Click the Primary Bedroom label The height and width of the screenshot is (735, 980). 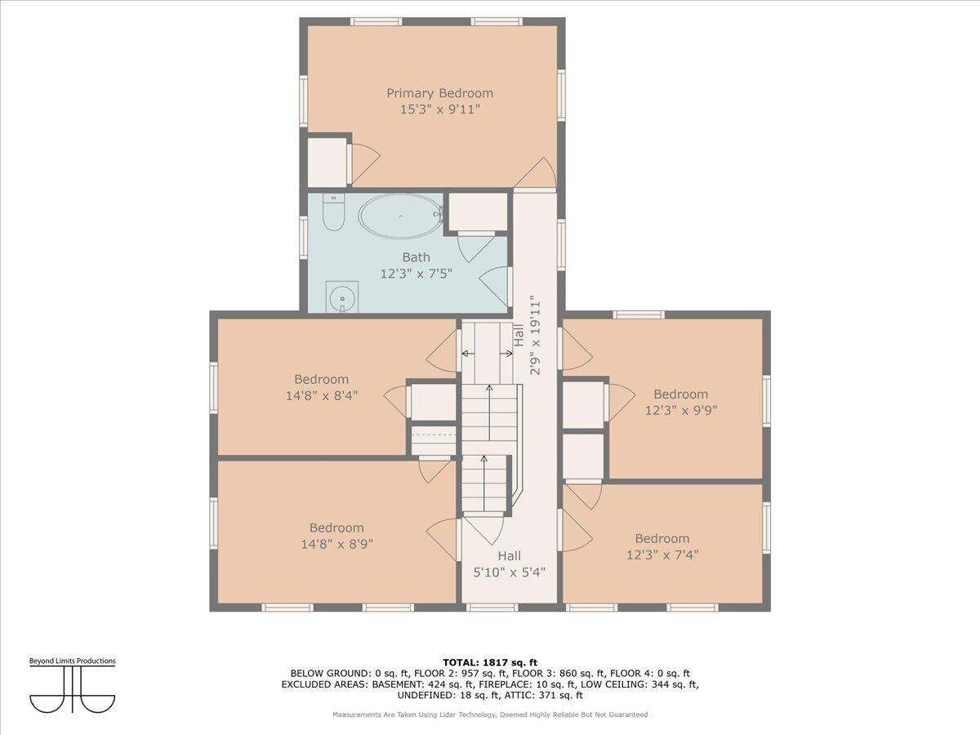click(x=439, y=93)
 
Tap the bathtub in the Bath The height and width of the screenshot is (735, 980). click(x=400, y=216)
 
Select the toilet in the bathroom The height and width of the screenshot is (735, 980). click(x=333, y=212)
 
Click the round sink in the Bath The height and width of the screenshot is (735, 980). click(x=342, y=298)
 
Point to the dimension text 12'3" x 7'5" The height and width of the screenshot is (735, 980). click(x=416, y=274)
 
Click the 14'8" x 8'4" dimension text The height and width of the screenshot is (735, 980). click(x=322, y=396)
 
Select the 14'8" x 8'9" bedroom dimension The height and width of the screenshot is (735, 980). click(x=337, y=545)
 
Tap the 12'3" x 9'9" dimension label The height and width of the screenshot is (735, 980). click(x=681, y=410)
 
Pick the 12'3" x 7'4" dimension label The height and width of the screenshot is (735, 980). click(x=662, y=555)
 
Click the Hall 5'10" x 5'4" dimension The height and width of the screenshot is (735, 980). click(x=510, y=572)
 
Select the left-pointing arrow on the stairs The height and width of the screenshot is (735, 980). click(x=468, y=354)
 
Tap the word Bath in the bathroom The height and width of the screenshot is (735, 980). click(x=416, y=257)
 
